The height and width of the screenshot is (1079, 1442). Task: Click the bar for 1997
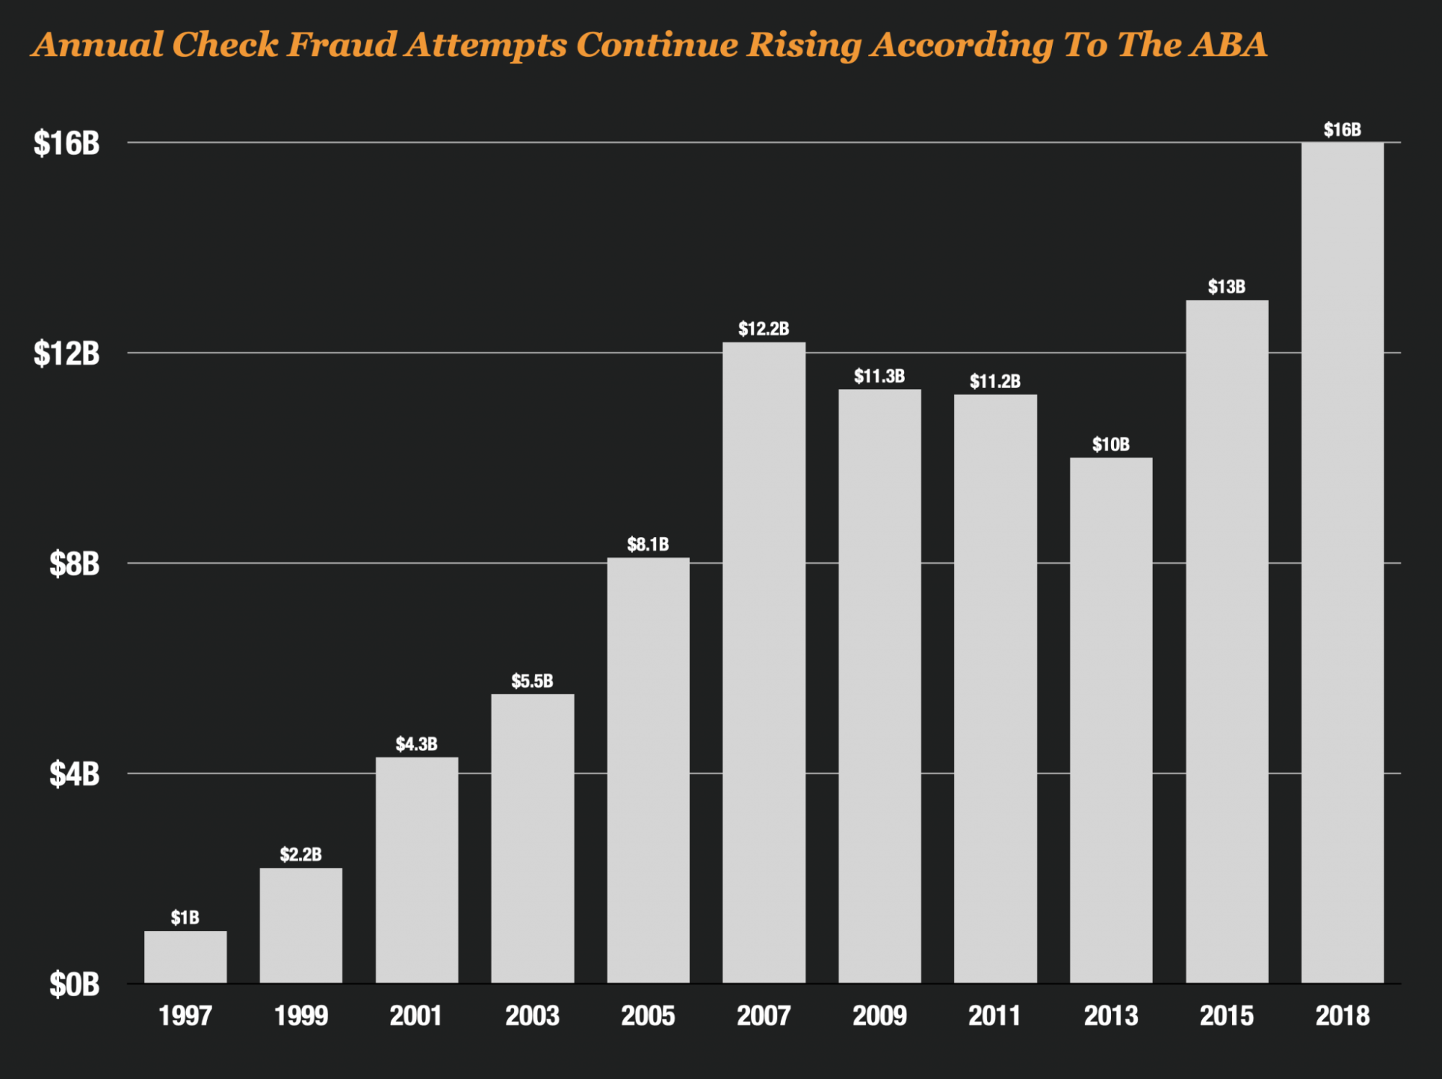pos(185,956)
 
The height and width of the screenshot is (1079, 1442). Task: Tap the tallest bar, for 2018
pos(1342,562)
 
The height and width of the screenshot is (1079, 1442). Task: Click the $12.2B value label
pos(764,329)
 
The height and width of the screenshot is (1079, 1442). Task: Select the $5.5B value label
pos(532,681)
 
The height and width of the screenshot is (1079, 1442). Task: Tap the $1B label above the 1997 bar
pos(185,918)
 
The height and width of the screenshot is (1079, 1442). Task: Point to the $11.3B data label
pos(880,376)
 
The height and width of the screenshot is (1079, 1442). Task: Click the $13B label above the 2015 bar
pos(1226,287)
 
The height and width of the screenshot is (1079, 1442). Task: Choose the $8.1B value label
pos(647,544)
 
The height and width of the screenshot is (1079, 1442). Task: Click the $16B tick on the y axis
pos(66,143)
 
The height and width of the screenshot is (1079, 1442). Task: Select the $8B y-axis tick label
pos(74,564)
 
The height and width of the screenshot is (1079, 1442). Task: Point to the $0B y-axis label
pos(74,984)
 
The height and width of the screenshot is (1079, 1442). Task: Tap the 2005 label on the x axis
pos(647,1016)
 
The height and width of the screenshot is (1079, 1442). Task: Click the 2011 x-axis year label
pos(995,1016)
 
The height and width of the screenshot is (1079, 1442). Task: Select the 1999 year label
pos(301,1016)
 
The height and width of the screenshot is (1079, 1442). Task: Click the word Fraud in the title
pos(342,45)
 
